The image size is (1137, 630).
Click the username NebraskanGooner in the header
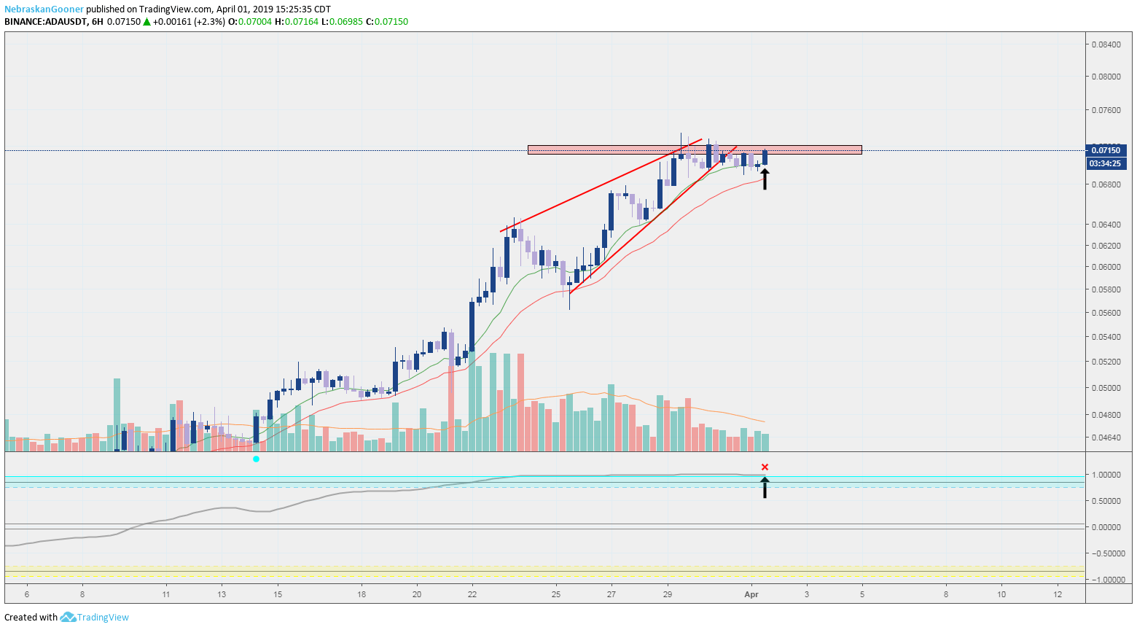[44, 9]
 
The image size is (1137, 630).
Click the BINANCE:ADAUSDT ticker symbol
[45, 22]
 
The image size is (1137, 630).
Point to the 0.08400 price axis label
[1106, 44]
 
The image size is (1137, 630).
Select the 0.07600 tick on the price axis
[1106, 110]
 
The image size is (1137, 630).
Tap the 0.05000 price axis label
[1106, 388]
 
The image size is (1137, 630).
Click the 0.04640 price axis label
[1106, 437]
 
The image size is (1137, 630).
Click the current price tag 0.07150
[1106, 150]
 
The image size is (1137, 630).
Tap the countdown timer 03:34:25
[1106, 163]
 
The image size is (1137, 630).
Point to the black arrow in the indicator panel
[765, 487]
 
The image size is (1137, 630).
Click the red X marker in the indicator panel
[765, 467]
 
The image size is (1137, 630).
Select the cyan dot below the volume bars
[256, 459]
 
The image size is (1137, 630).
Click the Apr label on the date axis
[751, 594]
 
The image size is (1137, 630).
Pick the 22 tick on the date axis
[472, 594]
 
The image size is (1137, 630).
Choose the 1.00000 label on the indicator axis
[1106, 475]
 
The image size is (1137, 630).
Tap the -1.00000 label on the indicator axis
[1106, 580]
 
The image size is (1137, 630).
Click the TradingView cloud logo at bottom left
[69, 618]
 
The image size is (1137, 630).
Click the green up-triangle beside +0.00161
[146, 22]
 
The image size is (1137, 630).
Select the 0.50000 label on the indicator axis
[1106, 501]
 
